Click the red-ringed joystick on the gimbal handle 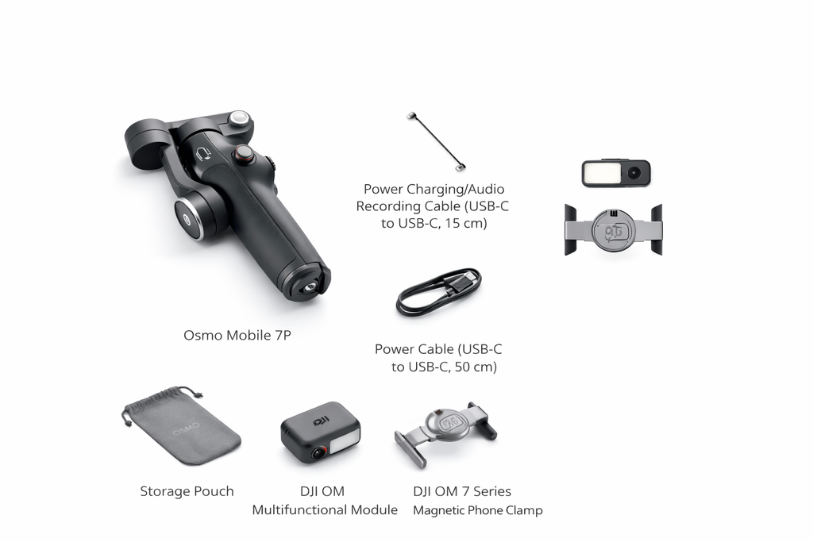click(x=244, y=152)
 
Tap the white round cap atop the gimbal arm click(x=237, y=119)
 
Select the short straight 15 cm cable click(x=436, y=141)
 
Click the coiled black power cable click(x=439, y=292)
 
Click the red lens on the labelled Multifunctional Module click(x=318, y=453)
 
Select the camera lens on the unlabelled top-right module click(x=634, y=173)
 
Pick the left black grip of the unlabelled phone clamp click(x=570, y=229)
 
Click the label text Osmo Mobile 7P click(x=237, y=335)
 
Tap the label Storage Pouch click(x=187, y=491)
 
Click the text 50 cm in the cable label click(x=473, y=367)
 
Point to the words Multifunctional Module click(x=325, y=509)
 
